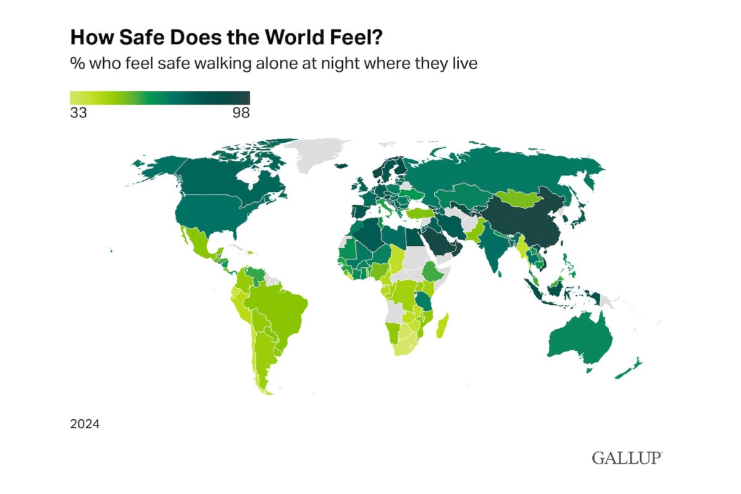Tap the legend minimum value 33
pos(78,113)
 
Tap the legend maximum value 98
pos(240,113)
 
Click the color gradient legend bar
pos(159,98)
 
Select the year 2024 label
pos(85,424)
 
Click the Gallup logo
pos(627,458)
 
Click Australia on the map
pos(580,337)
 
